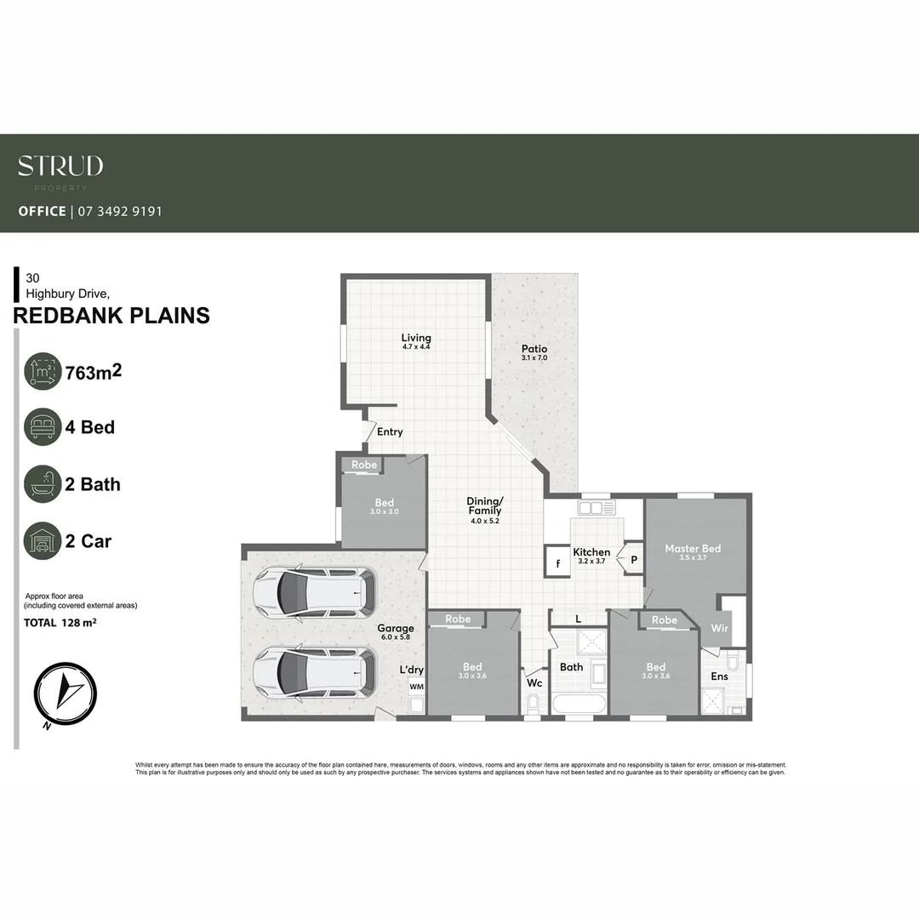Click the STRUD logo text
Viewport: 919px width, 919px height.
pos(60,165)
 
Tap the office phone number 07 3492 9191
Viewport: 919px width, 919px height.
pos(120,211)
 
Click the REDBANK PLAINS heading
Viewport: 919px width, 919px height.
pos(111,316)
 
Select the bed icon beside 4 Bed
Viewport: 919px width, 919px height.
pos(43,427)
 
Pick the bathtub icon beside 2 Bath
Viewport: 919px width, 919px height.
pos(43,484)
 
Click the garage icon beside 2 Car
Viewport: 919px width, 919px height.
pos(43,541)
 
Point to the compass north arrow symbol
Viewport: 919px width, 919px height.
pos(66,692)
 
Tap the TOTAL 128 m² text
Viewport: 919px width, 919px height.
pos(60,623)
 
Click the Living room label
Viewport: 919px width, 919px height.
pos(416,338)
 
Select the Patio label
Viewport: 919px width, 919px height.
pos(534,349)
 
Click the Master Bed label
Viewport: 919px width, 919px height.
pos(693,549)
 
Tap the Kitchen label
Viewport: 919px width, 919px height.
pos(591,552)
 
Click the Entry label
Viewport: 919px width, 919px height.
pos(390,432)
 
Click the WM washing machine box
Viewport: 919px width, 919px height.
pos(416,687)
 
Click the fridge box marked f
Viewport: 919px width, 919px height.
pos(557,563)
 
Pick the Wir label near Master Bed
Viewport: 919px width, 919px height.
pos(718,628)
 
